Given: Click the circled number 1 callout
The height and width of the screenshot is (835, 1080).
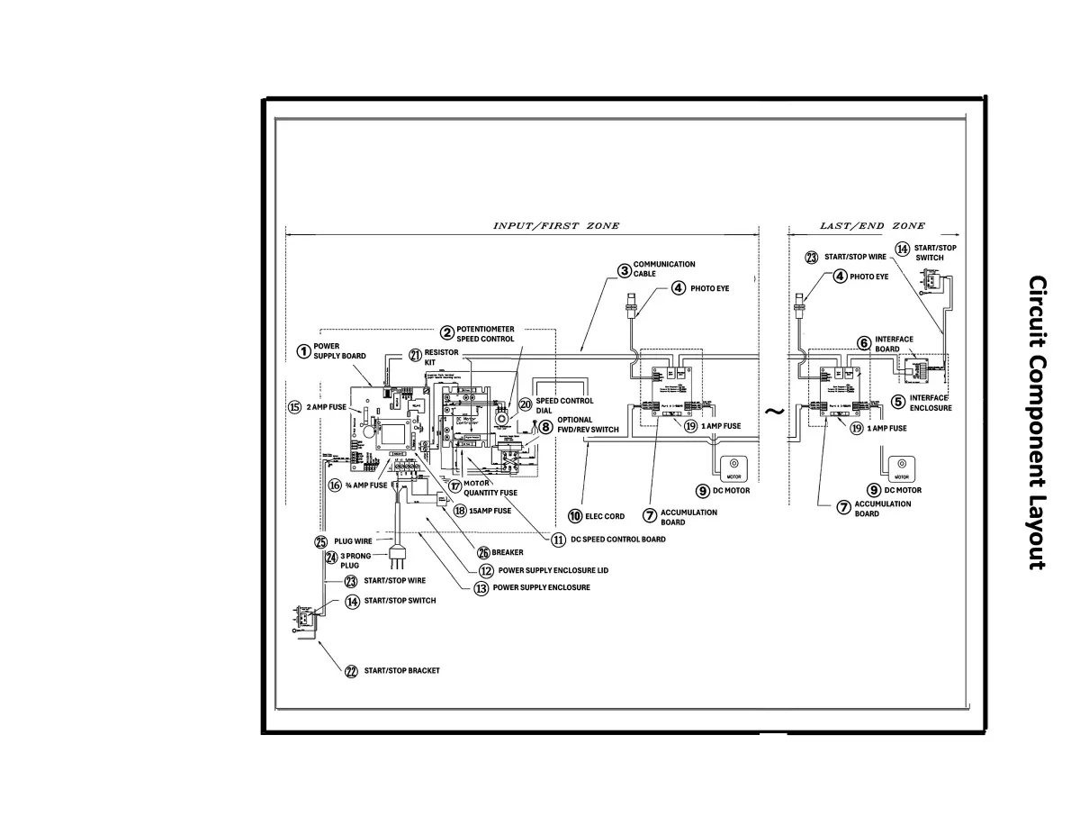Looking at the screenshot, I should pos(304,350).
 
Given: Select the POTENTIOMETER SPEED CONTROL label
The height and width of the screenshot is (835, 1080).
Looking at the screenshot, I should pos(485,333).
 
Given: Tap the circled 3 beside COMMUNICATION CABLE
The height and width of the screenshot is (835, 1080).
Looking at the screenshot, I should pos(624,269).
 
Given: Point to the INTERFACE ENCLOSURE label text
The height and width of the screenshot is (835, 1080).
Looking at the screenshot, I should pos(930,403).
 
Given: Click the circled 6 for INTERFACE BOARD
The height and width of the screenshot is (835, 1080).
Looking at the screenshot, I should pos(863,343).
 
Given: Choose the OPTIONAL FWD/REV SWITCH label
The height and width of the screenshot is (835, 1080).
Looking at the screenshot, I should pos(586,424).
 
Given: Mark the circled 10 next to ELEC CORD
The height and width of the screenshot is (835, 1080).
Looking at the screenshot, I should pos(575,516).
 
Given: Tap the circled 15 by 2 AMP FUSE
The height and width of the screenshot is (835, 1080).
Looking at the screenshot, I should pos(294,406).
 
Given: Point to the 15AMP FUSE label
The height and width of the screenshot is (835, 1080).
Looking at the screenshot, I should pos(490,510).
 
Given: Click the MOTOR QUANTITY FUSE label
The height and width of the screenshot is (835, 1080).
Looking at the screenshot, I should pos(490,487).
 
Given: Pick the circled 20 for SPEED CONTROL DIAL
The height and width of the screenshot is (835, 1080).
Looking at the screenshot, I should pos(526,404).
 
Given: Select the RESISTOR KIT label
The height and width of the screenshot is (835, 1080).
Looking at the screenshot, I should pos(441,359).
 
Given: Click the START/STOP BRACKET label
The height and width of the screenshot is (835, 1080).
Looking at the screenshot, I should pos(401,671).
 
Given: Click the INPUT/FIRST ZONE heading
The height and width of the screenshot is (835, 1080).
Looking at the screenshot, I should pos(555,225).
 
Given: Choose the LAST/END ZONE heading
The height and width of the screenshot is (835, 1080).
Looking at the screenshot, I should pos(871,225).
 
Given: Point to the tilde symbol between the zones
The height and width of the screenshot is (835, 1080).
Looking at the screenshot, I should pos(774,411).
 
